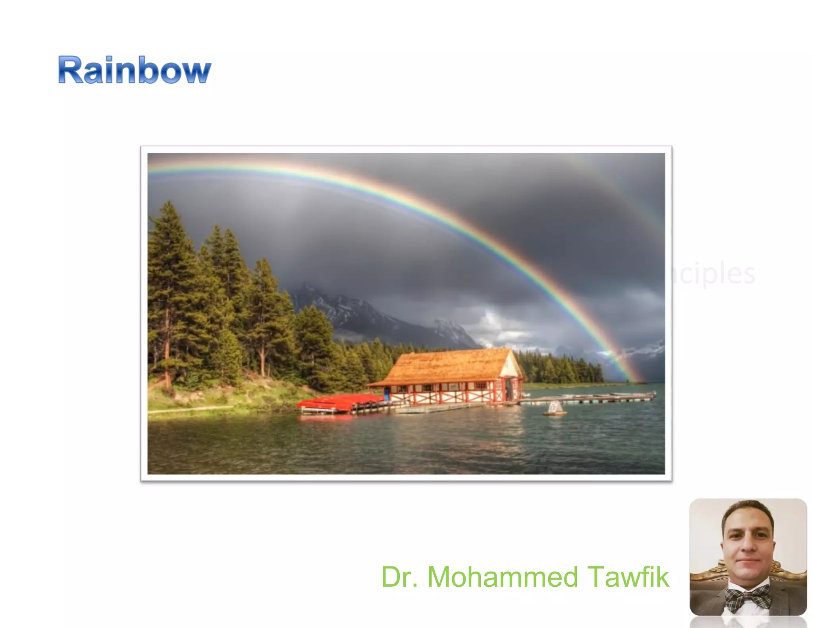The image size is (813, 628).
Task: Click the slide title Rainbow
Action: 135,70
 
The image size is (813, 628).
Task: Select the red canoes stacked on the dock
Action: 337,402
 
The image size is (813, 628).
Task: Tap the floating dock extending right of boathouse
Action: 588,398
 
